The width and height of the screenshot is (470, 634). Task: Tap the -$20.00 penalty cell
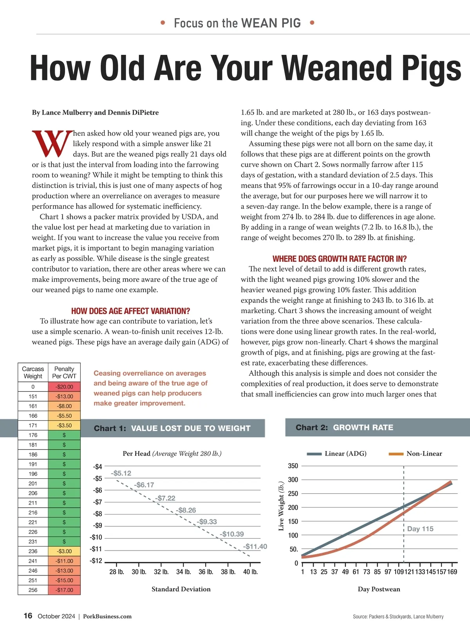click(x=64, y=387)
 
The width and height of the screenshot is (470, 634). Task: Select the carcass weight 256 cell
click(x=33, y=590)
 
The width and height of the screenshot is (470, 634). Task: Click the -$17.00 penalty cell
click(x=64, y=590)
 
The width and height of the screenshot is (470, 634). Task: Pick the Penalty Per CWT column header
click(x=64, y=373)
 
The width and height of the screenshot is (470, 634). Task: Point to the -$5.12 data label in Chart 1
click(x=121, y=473)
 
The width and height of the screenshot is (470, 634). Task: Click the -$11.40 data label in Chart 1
click(x=255, y=547)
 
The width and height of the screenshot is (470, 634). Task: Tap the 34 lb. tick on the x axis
click(x=184, y=572)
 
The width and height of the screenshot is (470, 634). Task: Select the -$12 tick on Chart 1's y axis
click(x=96, y=561)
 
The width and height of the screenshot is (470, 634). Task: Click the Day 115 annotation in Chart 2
click(x=420, y=529)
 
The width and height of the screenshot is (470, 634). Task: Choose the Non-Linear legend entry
click(x=416, y=454)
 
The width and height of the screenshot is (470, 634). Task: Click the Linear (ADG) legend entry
click(x=337, y=454)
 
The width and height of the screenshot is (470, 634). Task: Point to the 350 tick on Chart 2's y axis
click(x=293, y=466)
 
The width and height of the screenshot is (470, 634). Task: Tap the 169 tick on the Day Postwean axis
click(x=452, y=572)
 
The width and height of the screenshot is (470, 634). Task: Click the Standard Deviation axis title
click(x=181, y=589)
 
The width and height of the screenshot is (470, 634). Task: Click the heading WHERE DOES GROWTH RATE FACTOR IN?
click(x=340, y=259)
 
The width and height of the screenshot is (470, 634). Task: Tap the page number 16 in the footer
click(x=28, y=616)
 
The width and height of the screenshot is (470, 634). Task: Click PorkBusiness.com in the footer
click(x=107, y=616)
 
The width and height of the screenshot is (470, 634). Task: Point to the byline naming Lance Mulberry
click(x=95, y=113)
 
